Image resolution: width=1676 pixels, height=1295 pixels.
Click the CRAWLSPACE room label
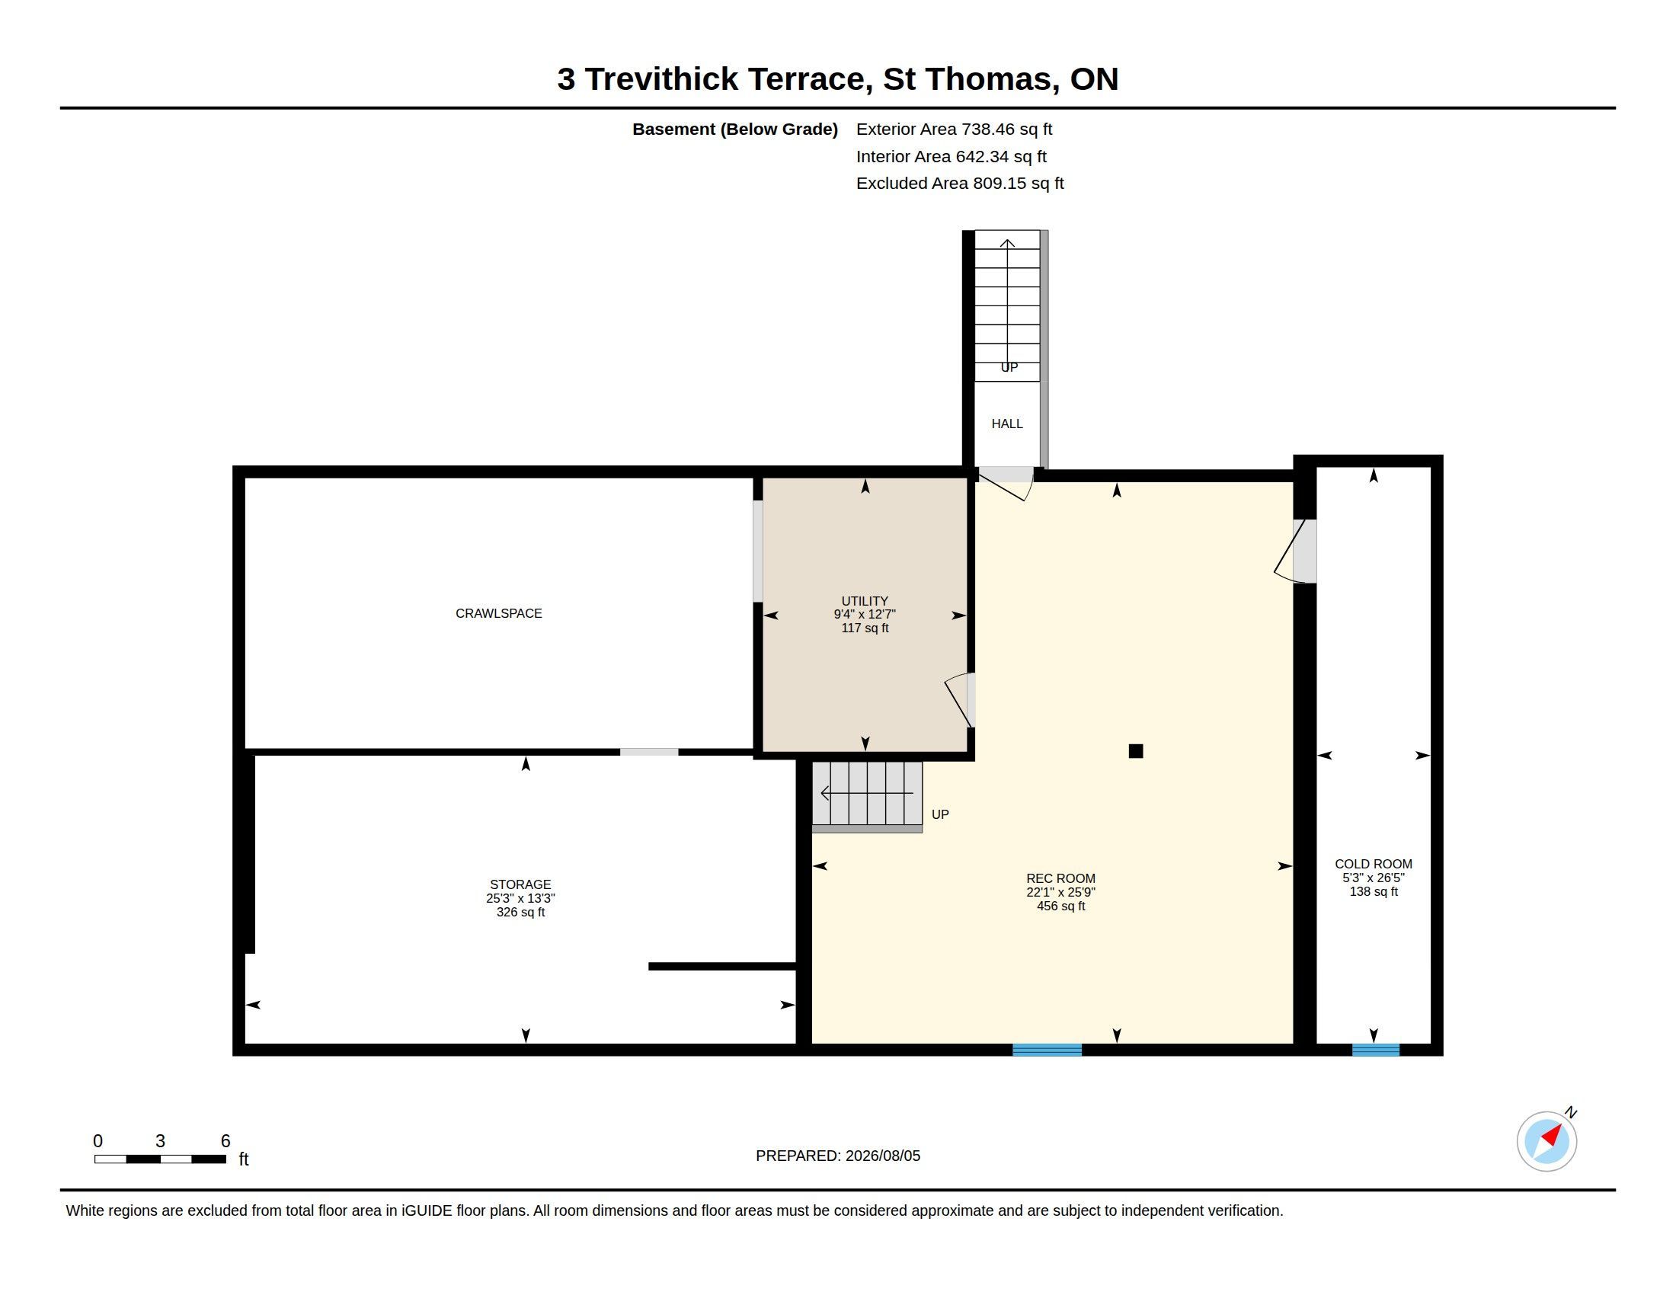point(499,613)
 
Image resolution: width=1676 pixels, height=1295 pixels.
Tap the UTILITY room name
point(865,601)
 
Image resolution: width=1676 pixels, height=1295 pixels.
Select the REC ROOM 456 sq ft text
point(1060,906)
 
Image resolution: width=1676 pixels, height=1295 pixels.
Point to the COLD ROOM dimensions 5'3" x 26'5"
point(1373,878)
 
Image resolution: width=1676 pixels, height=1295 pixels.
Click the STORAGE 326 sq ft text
point(520,912)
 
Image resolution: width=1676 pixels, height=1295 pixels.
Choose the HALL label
point(1007,424)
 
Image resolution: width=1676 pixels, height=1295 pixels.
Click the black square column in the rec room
point(1136,751)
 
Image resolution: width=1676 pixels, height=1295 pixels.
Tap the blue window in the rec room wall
point(1047,1050)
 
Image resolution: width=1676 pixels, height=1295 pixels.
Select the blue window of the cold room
point(1375,1050)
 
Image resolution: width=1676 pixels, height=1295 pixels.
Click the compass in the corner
point(1546,1141)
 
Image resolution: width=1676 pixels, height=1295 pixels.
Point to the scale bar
point(160,1159)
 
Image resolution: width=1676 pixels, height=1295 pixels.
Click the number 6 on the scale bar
point(225,1141)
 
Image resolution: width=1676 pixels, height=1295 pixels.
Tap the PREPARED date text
point(838,1156)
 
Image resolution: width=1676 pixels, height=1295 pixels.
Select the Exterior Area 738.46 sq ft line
point(954,129)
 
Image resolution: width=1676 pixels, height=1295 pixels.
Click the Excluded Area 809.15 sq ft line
point(960,184)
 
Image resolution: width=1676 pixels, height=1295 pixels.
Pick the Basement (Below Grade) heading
point(734,129)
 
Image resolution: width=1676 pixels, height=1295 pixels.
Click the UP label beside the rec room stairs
point(940,814)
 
